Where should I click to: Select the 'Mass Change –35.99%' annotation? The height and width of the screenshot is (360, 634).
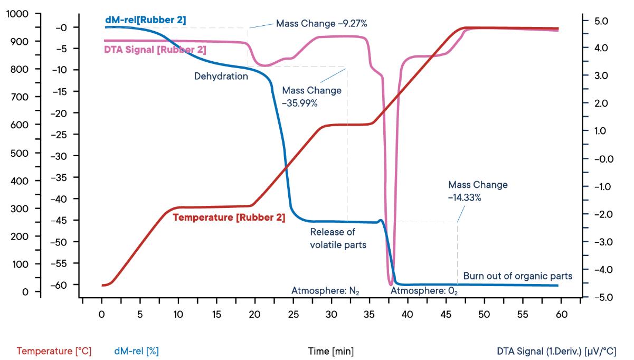[311, 97]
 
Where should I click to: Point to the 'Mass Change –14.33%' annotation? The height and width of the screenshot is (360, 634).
[478, 191]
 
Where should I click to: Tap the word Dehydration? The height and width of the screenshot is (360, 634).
[221, 76]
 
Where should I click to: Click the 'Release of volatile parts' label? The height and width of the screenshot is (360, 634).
[338, 238]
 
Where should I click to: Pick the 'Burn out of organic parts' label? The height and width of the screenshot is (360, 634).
[517, 276]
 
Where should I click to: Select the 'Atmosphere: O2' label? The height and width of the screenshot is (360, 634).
[417, 291]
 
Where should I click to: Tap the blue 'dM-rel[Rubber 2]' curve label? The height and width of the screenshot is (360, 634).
[145, 21]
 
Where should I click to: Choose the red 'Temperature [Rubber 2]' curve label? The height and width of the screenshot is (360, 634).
[229, 217]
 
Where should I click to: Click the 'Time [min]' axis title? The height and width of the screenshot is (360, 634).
[331, 350]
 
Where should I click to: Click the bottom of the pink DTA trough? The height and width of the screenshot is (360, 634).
[391, 285]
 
